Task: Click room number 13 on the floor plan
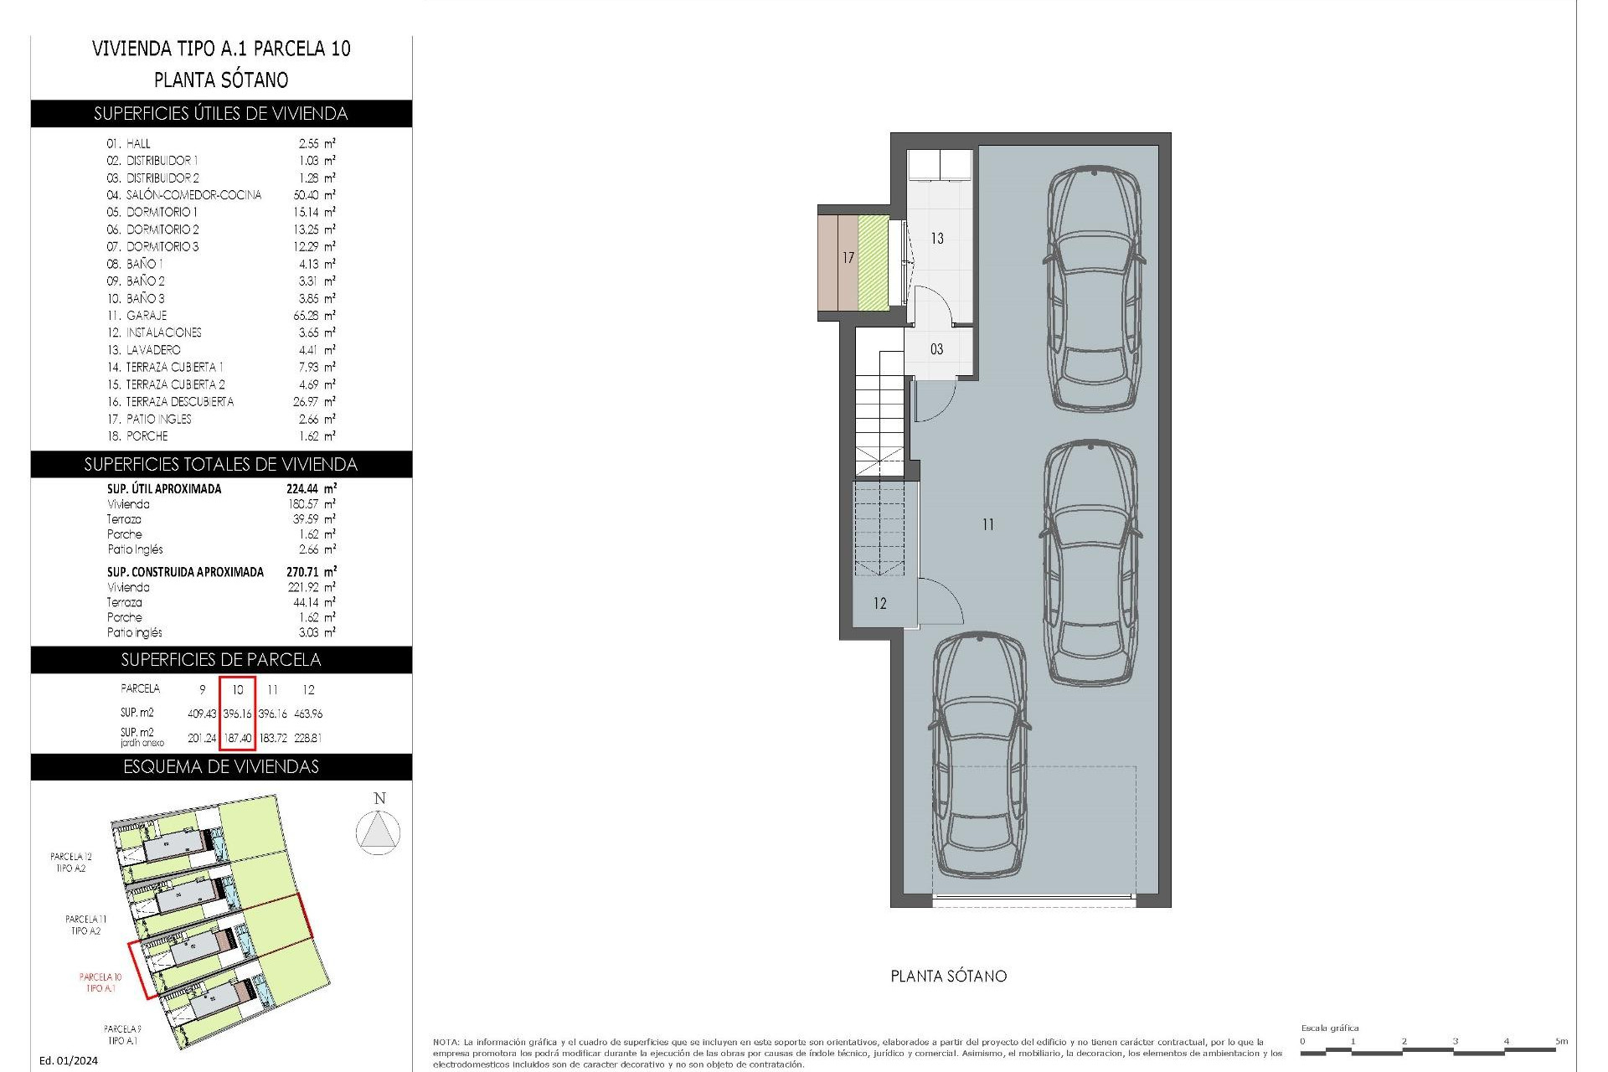936,239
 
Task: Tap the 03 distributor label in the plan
936,349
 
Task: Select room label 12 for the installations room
879,603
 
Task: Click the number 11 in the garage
988,524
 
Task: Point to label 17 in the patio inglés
848,258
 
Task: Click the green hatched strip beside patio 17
874,262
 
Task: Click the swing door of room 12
936,601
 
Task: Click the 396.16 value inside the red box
237,714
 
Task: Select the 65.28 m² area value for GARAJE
310,316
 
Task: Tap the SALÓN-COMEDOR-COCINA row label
193,195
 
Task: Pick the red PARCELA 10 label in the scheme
100,982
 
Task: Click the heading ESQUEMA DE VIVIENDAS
221,767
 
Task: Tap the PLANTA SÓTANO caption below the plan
948,977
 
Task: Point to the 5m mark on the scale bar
1560,1042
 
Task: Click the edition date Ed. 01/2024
69,1060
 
